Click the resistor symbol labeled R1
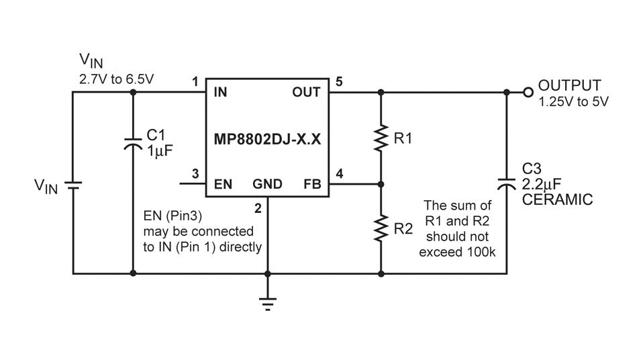click(x=381, y=138)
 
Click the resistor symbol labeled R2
click(x=381, y=228)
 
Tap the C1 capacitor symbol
click(x=133, y=143)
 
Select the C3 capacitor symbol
click(x=507, y=183)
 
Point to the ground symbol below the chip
click(x=267, y=304)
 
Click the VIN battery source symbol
click(x=73, y=185)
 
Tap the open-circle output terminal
click(x=528, y=93)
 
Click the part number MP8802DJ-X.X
click(x=267, y=140)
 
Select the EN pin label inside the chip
click(x=223, y=184)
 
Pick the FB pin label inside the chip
click(x=312, y=184)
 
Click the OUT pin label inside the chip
click(x=306, y=93)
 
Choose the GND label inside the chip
click(x=267, y=184)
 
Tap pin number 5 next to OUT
click(x=339, y=82)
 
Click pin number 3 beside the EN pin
click(x=195, y=174)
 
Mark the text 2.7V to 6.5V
click(x=117, y=79)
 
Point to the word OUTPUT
click(x=570, y=85)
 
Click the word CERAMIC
click(x=557, y=199)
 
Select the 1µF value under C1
click(x=160, y=151)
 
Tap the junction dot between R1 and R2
click(x=381, y=184)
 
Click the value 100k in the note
click(x=481, y=252)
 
